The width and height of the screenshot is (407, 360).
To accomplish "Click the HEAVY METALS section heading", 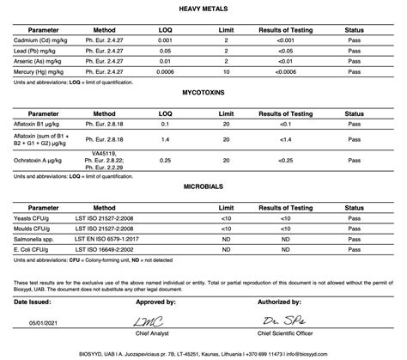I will point(203,8).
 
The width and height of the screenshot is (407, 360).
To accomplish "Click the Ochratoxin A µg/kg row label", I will point(39,161).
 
